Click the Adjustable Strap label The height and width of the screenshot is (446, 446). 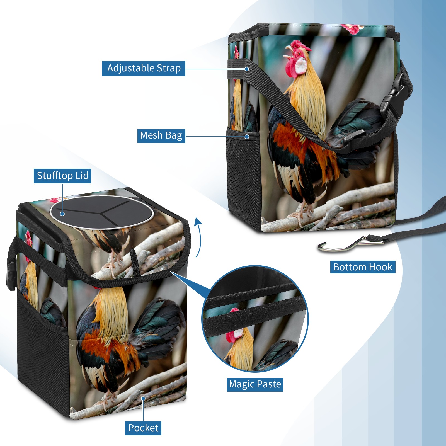coord(144,68)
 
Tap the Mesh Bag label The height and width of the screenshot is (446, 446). coord(161,135)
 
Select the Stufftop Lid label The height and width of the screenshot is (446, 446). coord(62,176)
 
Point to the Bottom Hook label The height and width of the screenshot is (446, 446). coord(363,267)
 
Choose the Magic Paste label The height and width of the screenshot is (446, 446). coord(255,384)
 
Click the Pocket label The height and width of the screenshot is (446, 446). coord(143,428)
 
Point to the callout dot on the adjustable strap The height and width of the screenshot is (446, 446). coord(247,69)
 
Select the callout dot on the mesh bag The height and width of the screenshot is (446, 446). coord(247,137)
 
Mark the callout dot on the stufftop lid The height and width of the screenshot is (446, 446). coord(62,214)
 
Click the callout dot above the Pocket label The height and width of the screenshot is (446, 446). coord(143,399)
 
